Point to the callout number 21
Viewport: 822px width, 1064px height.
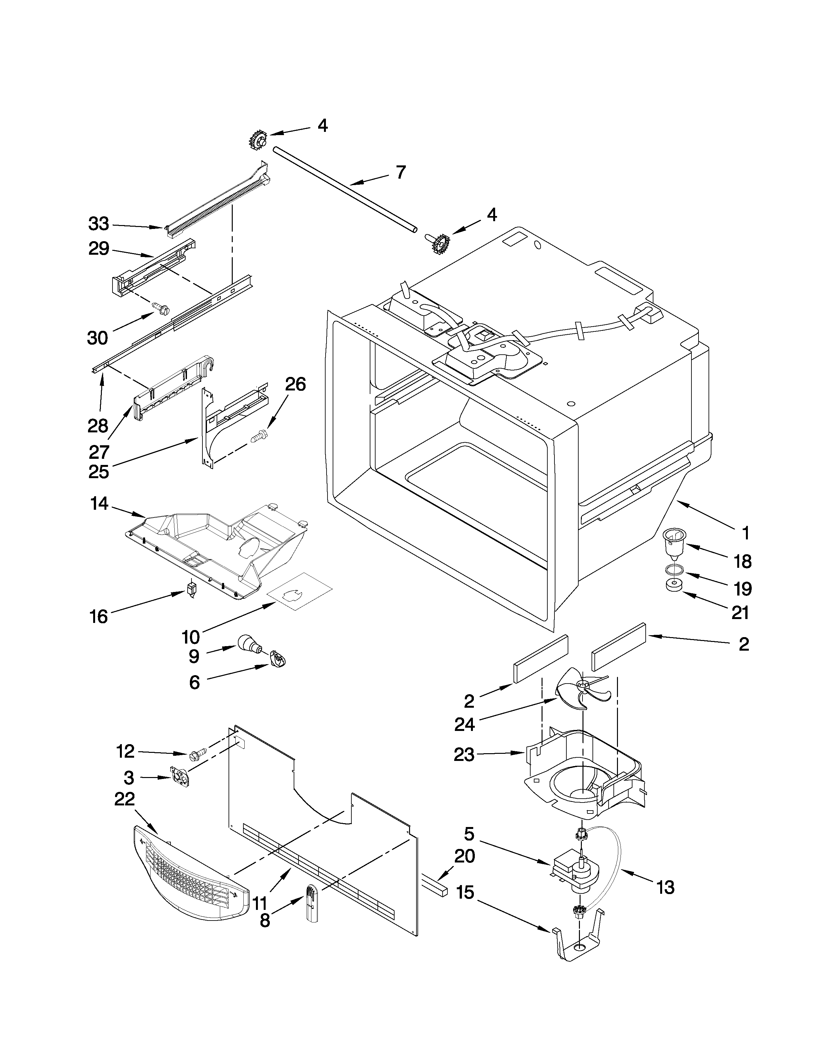740,612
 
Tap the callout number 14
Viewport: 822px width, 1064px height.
99,504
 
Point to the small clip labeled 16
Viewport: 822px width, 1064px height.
192,590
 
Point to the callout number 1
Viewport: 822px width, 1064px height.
745,533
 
